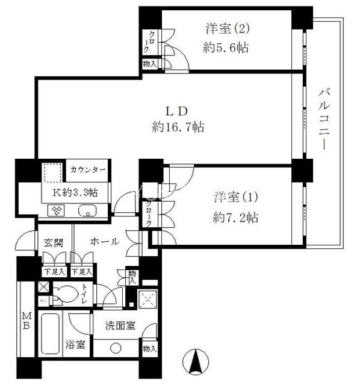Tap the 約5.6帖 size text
click(226, 48)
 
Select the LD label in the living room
click(179, 111)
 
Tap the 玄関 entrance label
click(53, 242)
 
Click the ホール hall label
click(104, 242)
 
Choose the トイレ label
click(85, 294)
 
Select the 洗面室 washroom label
click(120, 325)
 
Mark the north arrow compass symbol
click(196, 361)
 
